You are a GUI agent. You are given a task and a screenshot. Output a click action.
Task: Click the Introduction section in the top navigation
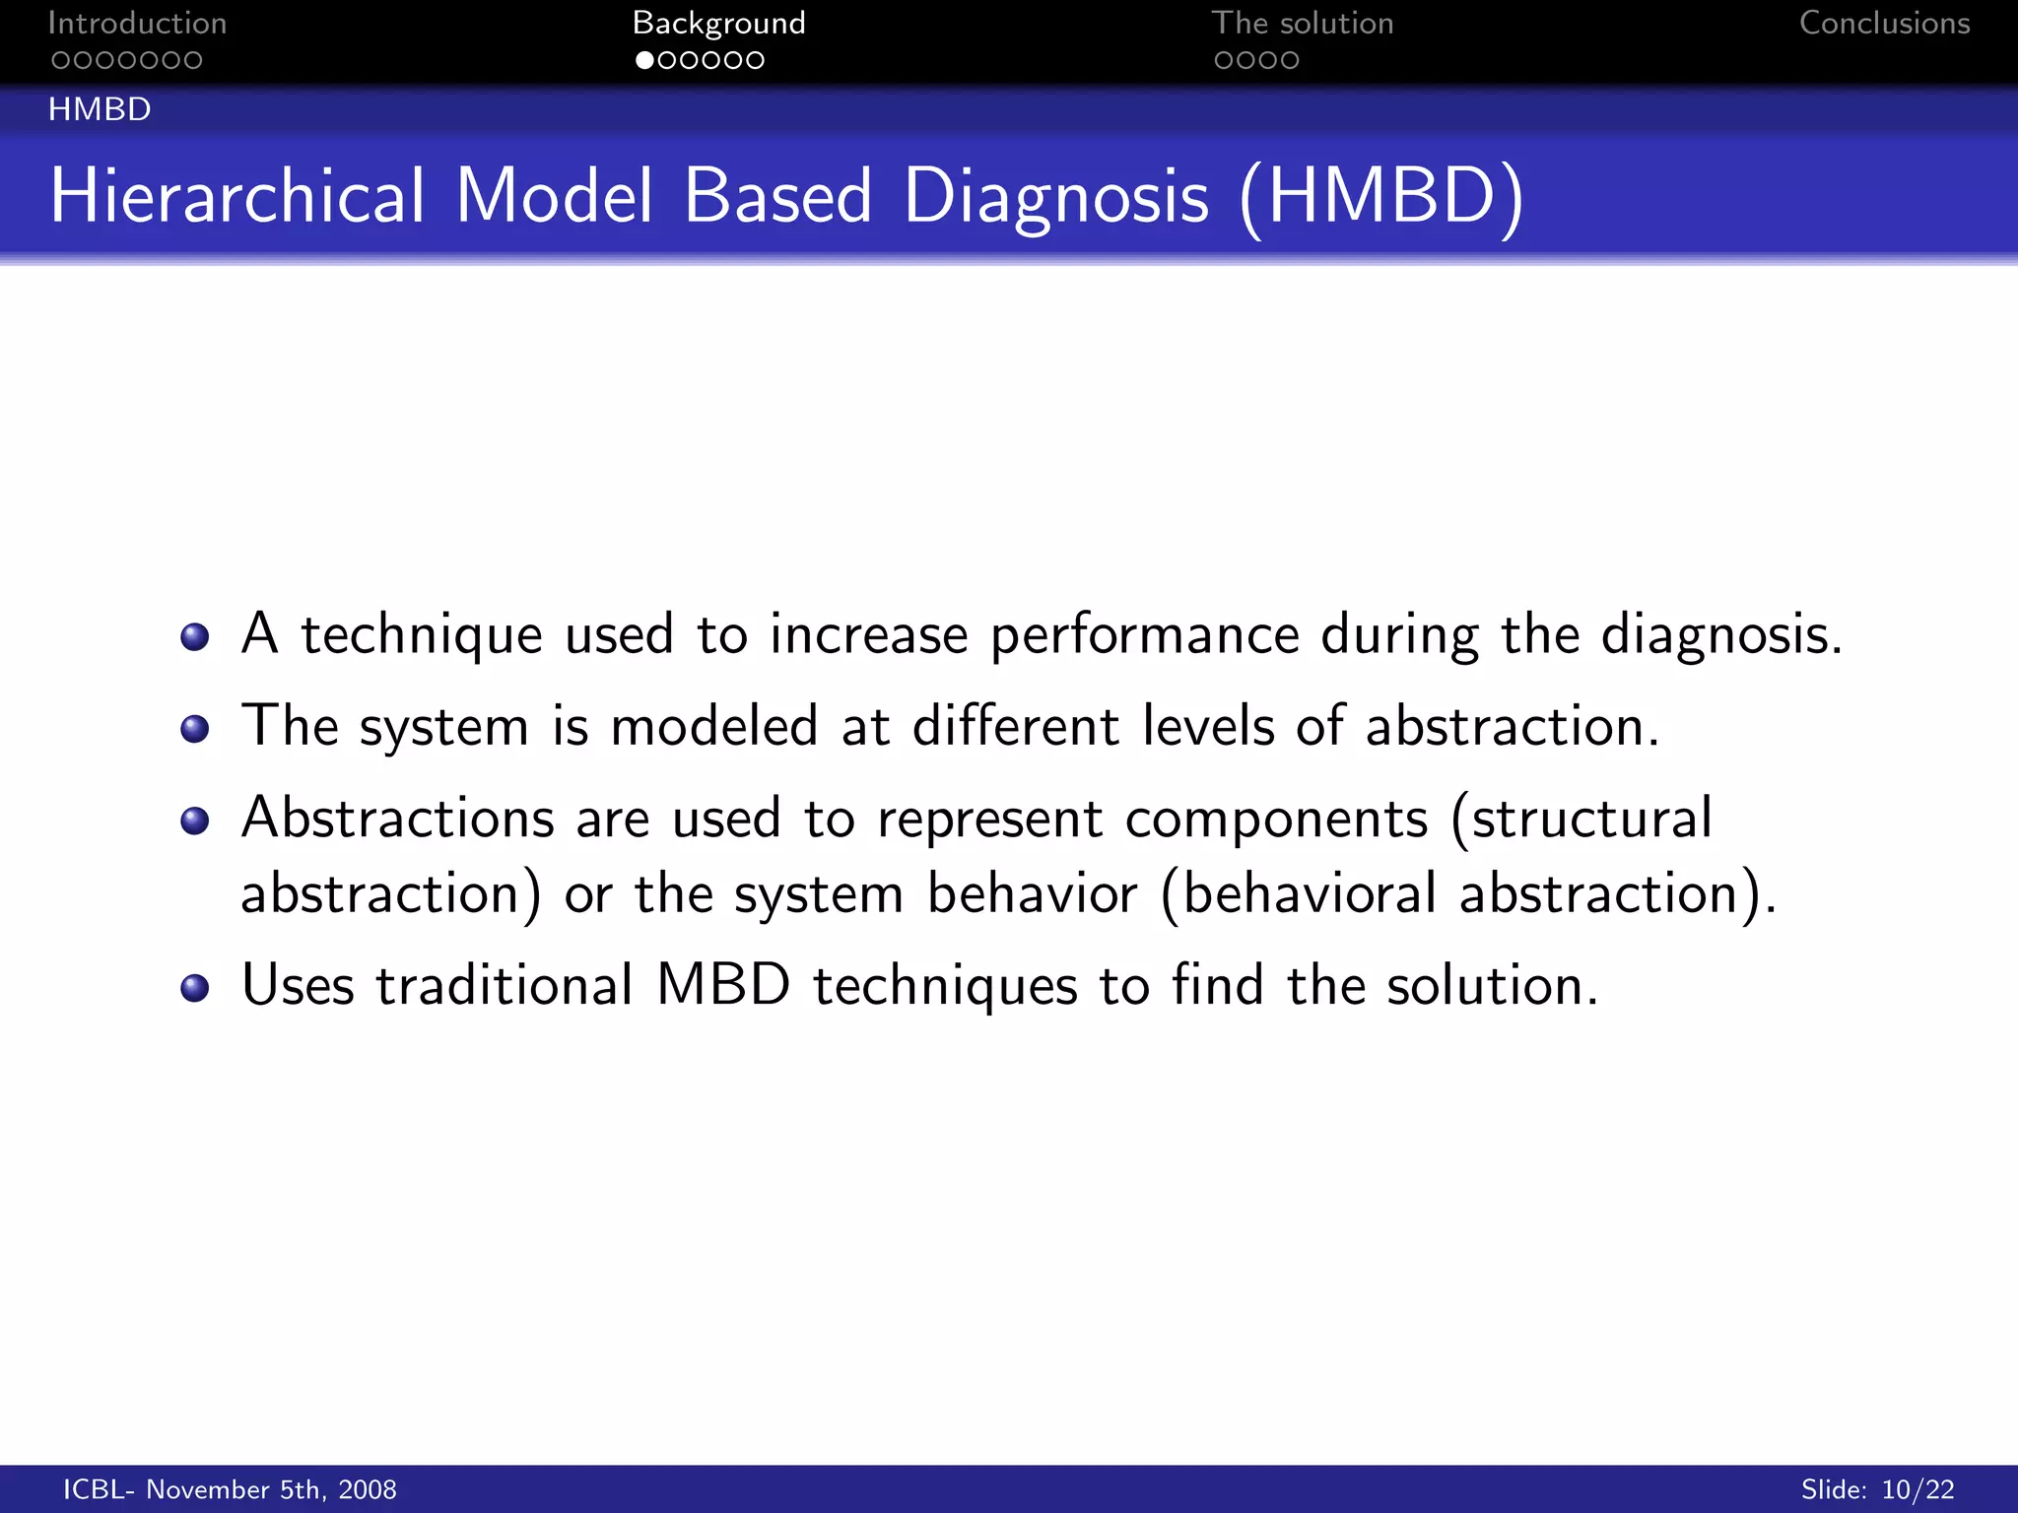point(137,24)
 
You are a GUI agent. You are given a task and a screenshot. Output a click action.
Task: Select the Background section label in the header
point(718,24)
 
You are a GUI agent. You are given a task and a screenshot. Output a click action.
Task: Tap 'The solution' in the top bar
point(1302,24)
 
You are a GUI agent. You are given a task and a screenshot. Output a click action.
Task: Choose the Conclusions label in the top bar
point(1884,24)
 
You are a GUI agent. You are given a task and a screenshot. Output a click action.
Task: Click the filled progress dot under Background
point(644,60)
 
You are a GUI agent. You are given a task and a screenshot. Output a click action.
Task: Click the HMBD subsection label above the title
point(100,109)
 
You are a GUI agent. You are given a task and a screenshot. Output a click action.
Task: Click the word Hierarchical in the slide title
point(237,196)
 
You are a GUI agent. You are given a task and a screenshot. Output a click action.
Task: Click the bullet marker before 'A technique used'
point(195,637)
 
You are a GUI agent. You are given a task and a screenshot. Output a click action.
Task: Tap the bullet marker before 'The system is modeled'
point(195,729)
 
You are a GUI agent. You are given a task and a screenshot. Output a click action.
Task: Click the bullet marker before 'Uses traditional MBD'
point(195,988)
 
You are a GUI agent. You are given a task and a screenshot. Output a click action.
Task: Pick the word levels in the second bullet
point(1208,727)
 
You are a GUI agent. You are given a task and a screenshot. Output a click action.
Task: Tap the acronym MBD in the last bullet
point(723,985)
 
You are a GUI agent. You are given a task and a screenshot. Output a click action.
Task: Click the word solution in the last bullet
point(1492,985)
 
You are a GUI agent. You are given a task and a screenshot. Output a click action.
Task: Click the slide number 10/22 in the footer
point(1917,1490)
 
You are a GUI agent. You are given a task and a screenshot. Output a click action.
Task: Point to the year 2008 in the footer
point(367,1490)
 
